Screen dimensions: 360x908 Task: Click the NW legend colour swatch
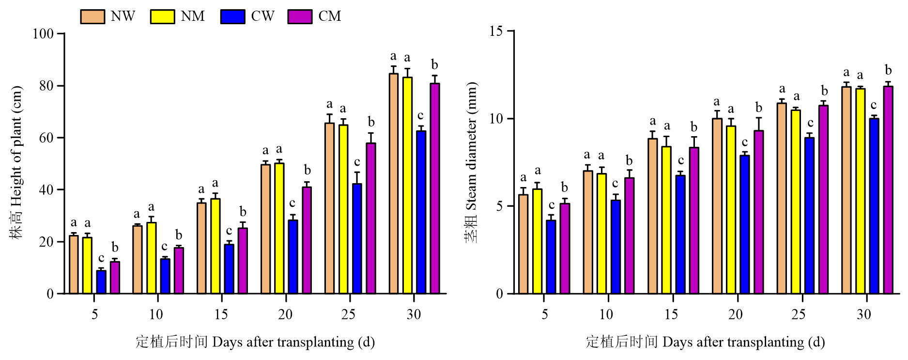92,16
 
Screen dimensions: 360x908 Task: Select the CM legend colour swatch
300,16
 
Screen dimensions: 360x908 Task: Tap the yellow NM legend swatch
162,16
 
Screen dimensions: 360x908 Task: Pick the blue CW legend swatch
232,16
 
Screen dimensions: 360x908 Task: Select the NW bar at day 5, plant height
74,265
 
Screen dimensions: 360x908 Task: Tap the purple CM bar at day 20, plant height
307,240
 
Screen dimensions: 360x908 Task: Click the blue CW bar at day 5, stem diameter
551,257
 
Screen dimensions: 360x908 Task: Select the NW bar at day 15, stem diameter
653,216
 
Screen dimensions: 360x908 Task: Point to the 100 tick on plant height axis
43,34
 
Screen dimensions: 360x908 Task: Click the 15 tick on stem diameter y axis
496,31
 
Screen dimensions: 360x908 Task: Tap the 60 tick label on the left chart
46,138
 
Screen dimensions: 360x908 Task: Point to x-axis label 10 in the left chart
156,315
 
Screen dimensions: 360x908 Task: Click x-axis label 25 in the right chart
799,315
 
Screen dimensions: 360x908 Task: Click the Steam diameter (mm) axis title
471,162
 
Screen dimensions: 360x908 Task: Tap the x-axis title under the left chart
255,342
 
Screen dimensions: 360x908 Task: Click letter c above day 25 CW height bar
357,162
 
